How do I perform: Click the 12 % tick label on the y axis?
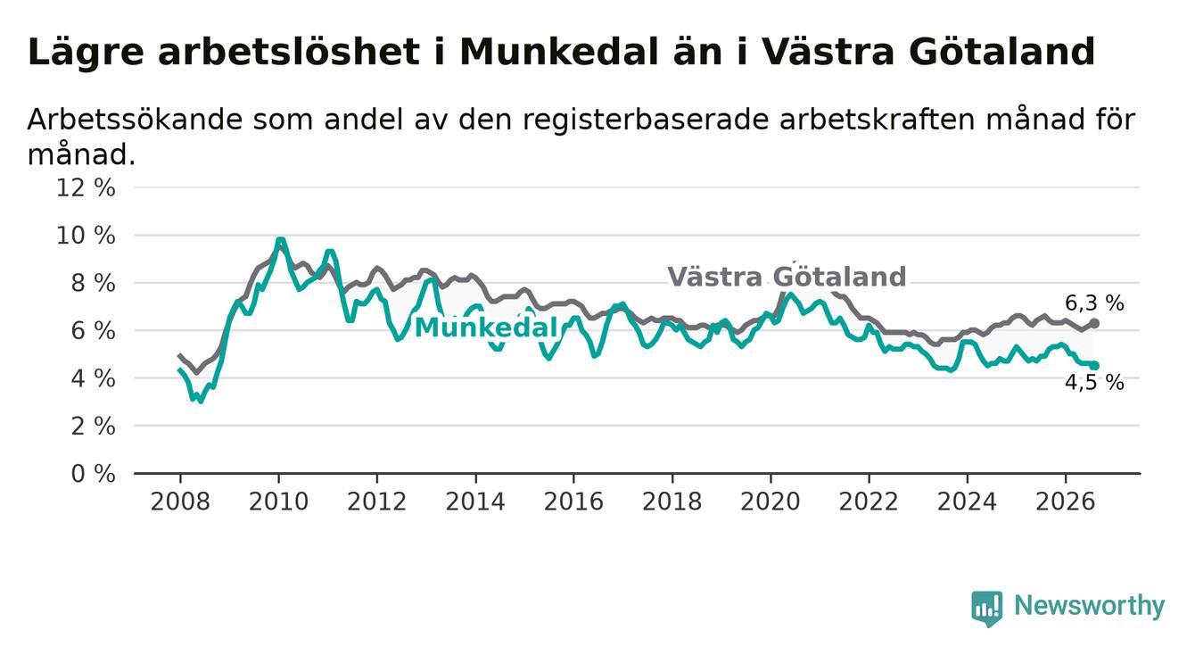[86, 188]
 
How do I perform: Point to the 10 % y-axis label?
[86, 236]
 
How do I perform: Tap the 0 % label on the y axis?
[94, 474]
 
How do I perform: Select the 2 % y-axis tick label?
[94, 426]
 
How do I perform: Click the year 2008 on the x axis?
[180, 502]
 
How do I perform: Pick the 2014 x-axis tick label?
[475, 502]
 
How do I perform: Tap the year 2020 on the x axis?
[771, 502]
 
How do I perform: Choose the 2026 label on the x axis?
[1066, 502]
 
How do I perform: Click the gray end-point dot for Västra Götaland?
[1094, 324]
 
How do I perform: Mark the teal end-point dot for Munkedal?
[1094, 366]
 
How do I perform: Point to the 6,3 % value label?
[1095, 303]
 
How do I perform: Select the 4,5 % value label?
[1095, 383]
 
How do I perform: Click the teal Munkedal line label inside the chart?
[486, 327]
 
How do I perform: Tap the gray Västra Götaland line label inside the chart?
[787, 277]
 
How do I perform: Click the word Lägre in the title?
[86, 53]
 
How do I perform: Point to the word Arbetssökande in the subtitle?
[134, 119]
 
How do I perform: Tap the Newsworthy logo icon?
[987, 609]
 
